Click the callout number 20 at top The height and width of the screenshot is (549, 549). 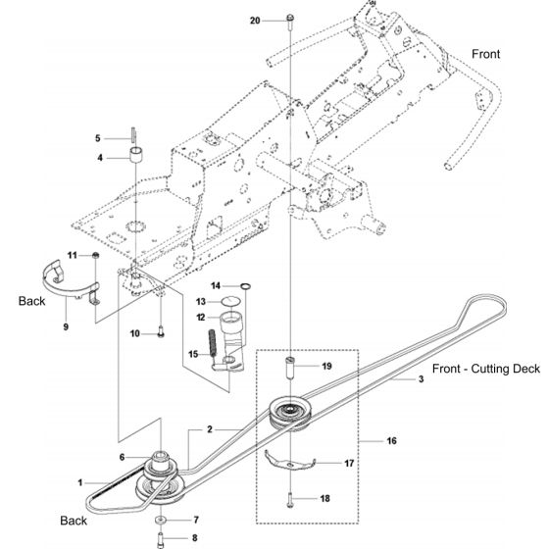[x=256, y=20]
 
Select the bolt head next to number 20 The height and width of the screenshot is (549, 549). [x=291, y=20]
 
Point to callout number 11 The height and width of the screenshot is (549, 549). [x=72, y=255]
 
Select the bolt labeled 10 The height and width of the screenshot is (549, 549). [x=159, y=334]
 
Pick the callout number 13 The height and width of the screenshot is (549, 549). [x=200, y=301]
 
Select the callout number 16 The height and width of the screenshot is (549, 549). [x=391, y=441]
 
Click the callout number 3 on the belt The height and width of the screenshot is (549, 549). [x=422, y=378]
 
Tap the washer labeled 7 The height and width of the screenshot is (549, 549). [x=160, y=518]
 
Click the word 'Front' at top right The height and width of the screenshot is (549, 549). [x=485, y=55]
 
